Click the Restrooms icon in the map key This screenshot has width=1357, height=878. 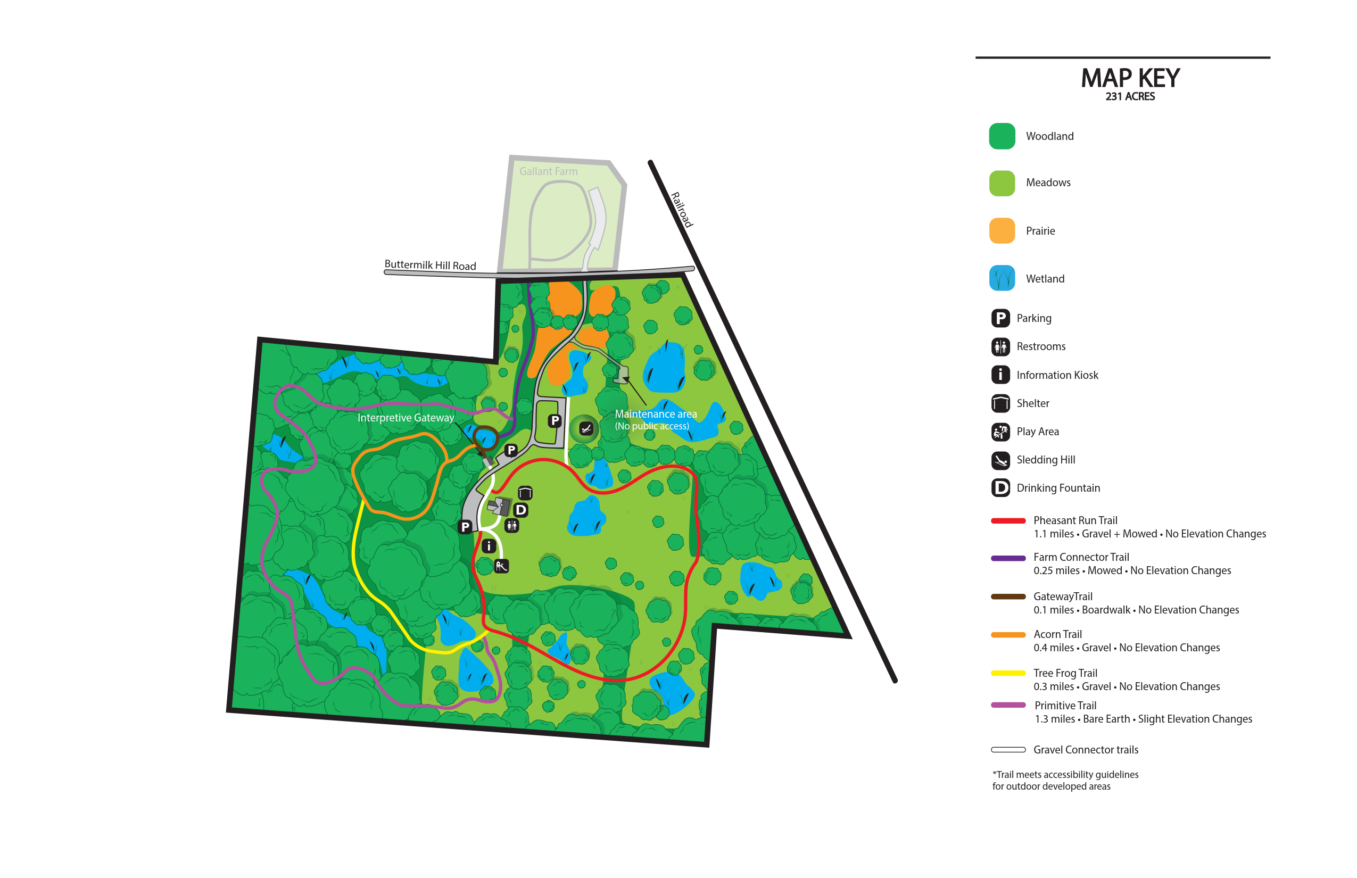1000,346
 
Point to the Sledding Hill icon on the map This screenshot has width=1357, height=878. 586,429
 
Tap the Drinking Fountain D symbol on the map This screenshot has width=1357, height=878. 520,510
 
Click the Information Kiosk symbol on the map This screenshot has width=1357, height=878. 489,546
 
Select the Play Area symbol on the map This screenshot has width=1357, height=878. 501,566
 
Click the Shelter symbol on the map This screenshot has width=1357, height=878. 525,493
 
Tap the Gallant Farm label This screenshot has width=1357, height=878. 548,171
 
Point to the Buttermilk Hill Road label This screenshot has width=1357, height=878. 430,265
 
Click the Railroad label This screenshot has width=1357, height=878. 681,210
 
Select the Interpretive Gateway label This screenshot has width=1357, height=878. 406,418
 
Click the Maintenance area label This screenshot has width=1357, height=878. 656,415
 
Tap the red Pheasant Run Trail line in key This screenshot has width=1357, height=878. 1007,520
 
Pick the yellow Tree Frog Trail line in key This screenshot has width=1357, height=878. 1007,673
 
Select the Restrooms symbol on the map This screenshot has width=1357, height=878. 512,526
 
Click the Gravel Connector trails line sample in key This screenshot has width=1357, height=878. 1007,750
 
